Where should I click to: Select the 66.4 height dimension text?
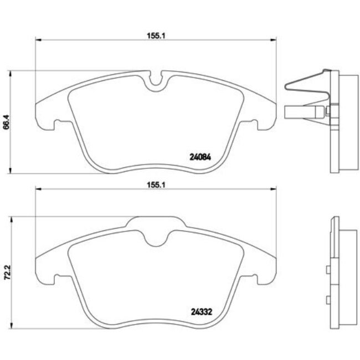pos(7,122)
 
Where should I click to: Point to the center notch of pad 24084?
pos(156,81)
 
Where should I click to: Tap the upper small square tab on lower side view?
pos(328,270)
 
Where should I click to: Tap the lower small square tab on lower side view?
pos(328,300)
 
